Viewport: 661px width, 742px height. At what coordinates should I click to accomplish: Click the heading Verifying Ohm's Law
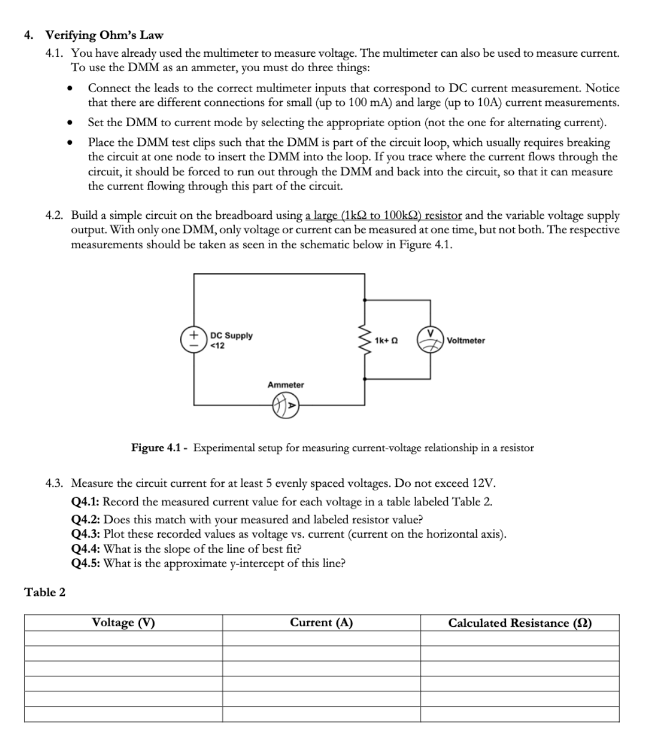click(x=104, y=35)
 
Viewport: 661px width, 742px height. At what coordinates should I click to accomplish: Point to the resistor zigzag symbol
click(x=365, y=340)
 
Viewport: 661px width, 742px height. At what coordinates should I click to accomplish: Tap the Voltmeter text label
click(x=466, y=340)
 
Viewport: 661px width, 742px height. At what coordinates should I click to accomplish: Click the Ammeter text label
click(x=285, y=385)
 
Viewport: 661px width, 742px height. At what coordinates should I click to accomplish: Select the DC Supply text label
click(x=231, y=336)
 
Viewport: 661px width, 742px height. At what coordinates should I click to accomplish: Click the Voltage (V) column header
click(x=123, y=623)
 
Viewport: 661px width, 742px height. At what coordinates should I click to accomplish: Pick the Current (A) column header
click(x=321, y=623)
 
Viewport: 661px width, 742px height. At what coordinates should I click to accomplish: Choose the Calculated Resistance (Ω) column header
click(x=520, y=623)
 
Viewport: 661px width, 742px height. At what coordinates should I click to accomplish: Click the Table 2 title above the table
click(x=45, y=592)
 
